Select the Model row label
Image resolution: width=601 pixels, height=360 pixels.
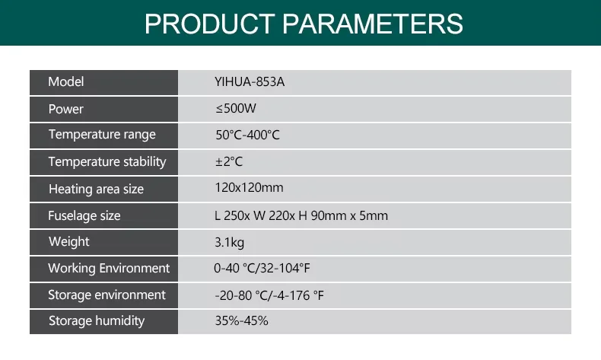pyautogui.click(x=66, y=82)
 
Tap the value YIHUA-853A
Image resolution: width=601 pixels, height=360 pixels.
pyautogui.click(x=250, y=82)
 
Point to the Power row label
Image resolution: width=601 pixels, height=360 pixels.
pyautogui.click(x=66, y=109)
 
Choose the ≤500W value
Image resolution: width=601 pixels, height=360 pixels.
pyautogui.click(x=236, y=109)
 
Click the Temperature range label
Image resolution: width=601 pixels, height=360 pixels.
pyautogui.click(x=102, y=135)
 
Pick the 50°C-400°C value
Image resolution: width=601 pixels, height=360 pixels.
pyautogui.click(x=248, y=135)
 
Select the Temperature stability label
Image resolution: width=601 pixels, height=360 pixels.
pyautogui.click(x=107, y=161)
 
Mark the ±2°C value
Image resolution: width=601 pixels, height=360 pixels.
pyautogui.click(x=229, y=162)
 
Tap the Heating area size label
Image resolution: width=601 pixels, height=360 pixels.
pyautogui.click(x=96, y=189)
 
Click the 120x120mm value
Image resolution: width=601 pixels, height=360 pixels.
pyautogui.click(x=250, y=187)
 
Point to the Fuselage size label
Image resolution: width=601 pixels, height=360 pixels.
pyautogui.click(x=84, y=215)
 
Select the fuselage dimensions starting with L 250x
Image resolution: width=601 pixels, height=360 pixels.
pyautogui.click(x=301, y=215)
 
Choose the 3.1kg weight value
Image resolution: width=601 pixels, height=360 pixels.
pyautogui.click(x=230, y=242)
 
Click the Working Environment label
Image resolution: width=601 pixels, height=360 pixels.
pyautogui.click(x=109, y=268)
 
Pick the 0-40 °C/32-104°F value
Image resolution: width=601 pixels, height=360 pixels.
pyautogui.click(x=262, y=268)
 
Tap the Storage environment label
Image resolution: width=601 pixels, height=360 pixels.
pyautogui.click(x=107, y=295)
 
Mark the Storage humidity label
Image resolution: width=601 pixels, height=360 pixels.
pyautogui.click(x=97, y=320)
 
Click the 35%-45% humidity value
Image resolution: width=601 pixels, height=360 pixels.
pyautogui.click(x=242, y=321)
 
